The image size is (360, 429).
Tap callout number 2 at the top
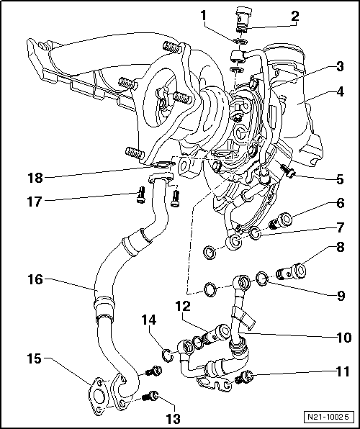[294, 15]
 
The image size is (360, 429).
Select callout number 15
[34, 358]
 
